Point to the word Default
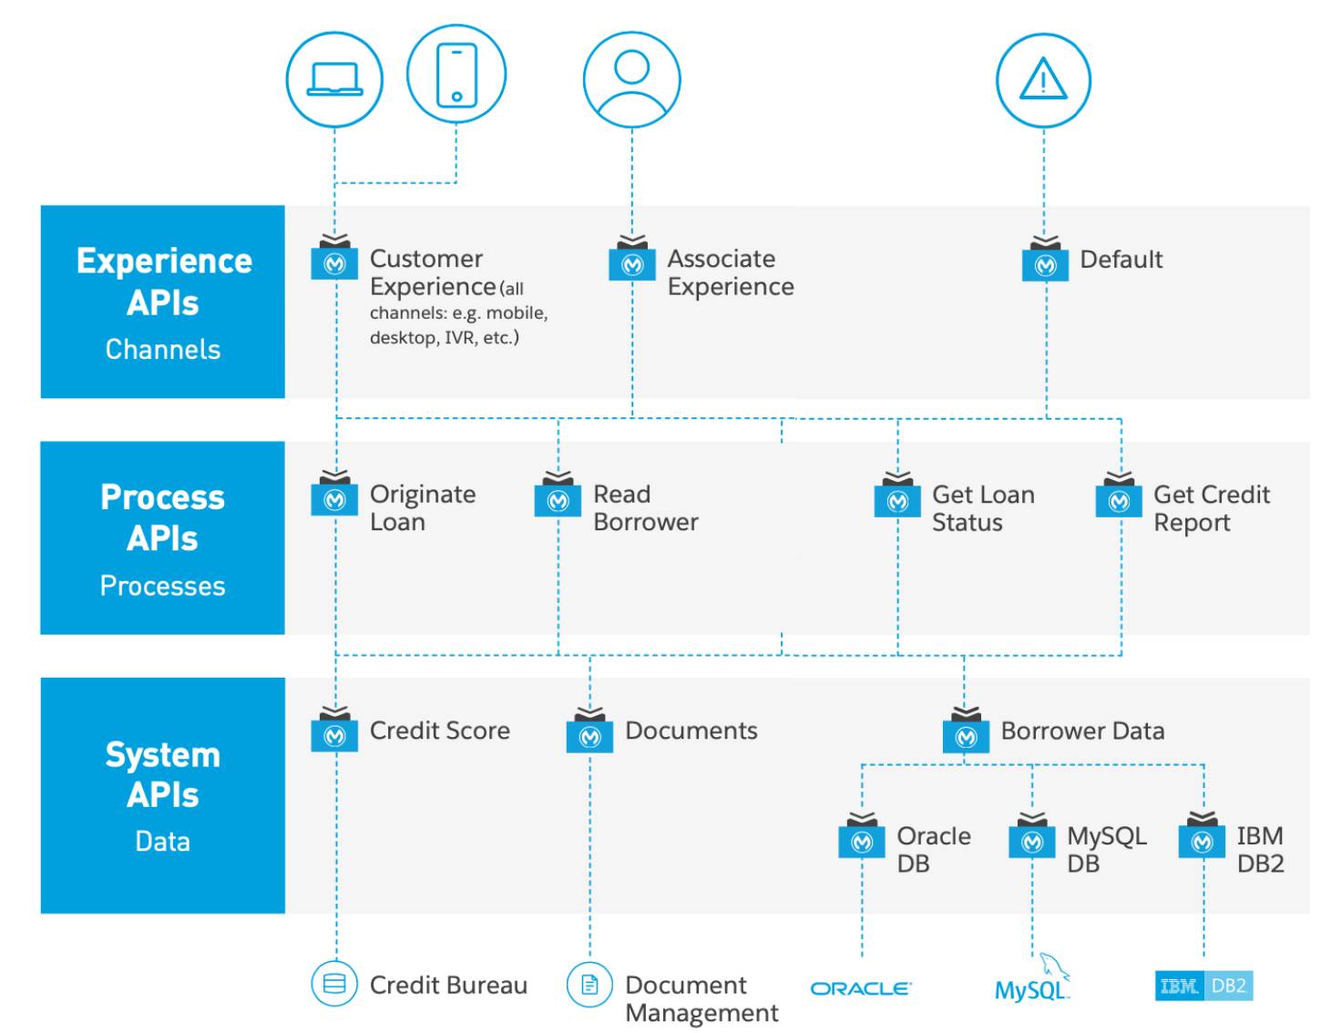coord(1121,260)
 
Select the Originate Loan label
coord(423,508)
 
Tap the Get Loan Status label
coord(983,508)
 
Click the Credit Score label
coord(439,731)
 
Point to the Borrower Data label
coord(1082,731)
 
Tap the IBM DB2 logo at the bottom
coord(1203,986)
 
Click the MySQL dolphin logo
coord(1031,977)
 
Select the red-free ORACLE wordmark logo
coord(861,988)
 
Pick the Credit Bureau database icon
coord(333,984)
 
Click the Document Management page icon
coord(589,985)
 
